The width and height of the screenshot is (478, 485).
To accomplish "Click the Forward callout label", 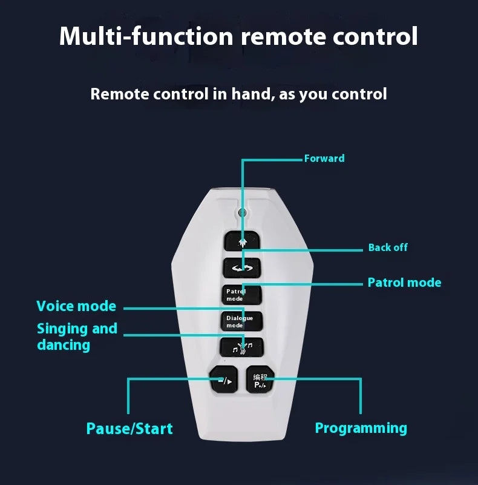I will pos(324,159).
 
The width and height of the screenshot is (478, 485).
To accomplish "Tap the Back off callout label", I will pos(388,247).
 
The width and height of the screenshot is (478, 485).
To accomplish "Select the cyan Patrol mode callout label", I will pos(404,283).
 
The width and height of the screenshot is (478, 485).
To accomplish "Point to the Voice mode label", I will pos(76,306).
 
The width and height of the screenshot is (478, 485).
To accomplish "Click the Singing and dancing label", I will pos(77,336).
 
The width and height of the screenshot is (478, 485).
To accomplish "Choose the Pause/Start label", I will pos(129,429).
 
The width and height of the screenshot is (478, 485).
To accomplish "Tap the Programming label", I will pos(361,428).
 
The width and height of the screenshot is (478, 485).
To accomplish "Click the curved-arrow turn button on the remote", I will pos(242,268).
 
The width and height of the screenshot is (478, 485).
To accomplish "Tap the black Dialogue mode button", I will pos(241,321).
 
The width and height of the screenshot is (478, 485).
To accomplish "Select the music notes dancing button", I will pos(242,348).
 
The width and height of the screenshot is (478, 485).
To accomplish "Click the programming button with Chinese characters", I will pos(260,381).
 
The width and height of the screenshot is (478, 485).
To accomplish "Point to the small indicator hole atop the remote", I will pos(242,213).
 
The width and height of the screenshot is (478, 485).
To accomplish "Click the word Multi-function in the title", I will pos(146,36).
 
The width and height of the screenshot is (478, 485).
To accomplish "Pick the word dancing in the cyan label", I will pos(64,345).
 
